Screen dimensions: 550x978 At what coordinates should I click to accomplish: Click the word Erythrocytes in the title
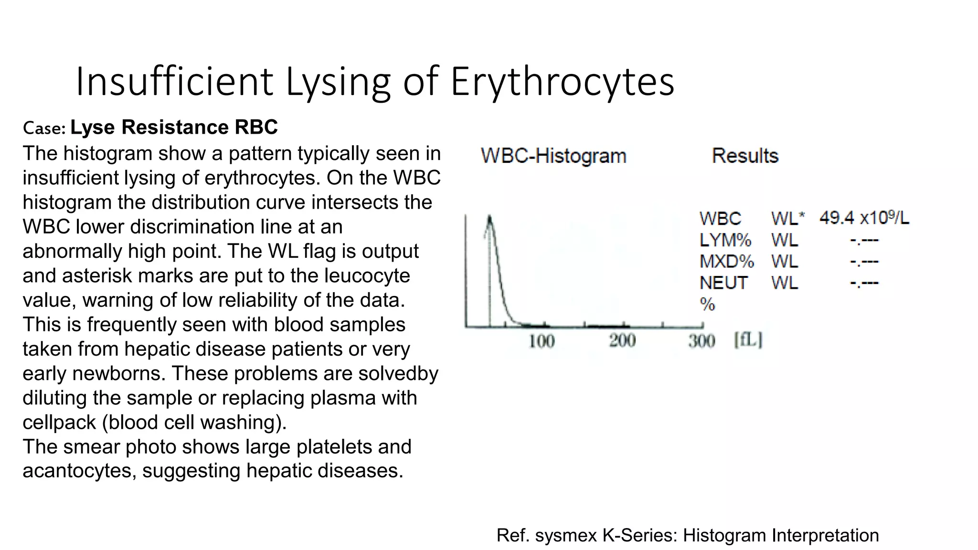tap(562, 81)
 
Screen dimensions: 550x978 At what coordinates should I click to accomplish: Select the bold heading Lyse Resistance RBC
tap(174, 127)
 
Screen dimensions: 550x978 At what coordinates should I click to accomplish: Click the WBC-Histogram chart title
tap(553, 156)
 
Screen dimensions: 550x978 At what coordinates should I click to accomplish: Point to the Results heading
tap(744, 156)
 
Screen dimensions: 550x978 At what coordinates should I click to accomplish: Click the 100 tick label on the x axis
tap(542, 341)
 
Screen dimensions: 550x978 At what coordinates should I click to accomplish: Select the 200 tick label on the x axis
tap(622, 341)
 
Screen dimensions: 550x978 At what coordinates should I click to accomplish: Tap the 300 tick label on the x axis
tap(702, 341)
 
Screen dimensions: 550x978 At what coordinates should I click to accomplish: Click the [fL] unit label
tap(748, 340)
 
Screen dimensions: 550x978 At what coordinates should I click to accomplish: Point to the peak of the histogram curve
tap(489, 218)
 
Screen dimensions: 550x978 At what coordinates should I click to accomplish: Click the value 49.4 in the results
tap(837, 218)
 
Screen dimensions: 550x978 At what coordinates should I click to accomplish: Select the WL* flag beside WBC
tap(787, 219)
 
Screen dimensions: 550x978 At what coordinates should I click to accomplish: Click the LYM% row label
tap(725, 240)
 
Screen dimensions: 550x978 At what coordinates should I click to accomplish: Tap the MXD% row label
tap(726, 262)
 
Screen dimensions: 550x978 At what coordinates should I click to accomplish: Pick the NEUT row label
tap(723, 283)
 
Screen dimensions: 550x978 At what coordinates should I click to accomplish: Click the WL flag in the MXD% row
tap(785, 262)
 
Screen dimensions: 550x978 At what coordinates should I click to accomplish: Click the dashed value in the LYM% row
tap(864, 240)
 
